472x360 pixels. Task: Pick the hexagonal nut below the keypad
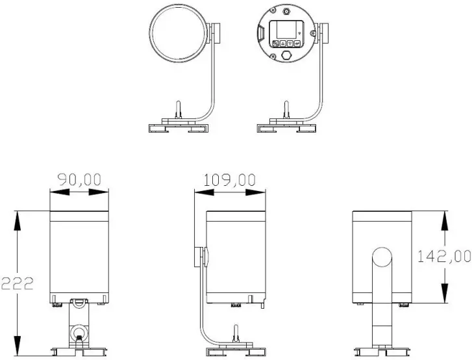click(286, 57)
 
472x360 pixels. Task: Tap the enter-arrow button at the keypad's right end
click(297, 44)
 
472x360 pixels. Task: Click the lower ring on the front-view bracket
click(79, 333)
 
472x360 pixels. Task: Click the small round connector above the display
click(286, 12)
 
